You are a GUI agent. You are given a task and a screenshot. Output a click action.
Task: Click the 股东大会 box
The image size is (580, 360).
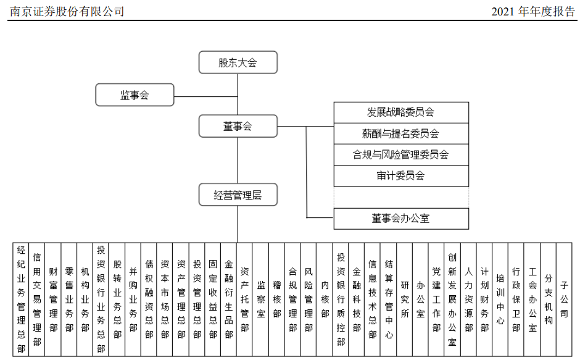click(x=238, y=62)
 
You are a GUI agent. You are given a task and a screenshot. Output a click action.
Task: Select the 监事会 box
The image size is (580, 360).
click(x=135, y=95)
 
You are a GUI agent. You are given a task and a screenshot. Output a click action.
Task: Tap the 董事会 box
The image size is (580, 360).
click(x=238, y=127)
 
